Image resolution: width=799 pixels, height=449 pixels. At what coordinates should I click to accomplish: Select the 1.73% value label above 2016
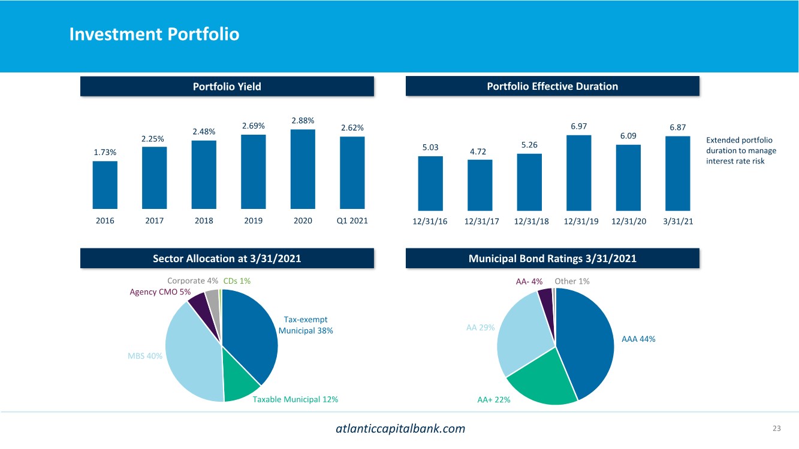(105, 153)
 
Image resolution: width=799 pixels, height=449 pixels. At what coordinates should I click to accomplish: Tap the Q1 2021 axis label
(352, 220)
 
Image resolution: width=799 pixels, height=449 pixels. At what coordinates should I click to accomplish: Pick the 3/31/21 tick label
(677, 222)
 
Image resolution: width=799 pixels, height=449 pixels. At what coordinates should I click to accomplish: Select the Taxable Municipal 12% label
(296, 399)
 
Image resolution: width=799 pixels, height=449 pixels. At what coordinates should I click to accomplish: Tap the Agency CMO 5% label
(160, 292)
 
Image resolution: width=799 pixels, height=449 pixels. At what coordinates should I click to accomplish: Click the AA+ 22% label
(494, 400)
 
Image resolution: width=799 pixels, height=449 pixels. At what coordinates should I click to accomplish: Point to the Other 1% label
(572, 281)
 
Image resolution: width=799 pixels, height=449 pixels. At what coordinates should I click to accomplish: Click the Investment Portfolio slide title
(154, 34)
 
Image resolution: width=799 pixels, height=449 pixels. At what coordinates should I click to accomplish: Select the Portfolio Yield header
(227, 86)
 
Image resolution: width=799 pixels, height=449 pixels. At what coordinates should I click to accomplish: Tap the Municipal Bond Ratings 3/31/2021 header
(552, 259)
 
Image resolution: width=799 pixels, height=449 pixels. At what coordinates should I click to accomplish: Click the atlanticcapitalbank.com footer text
(400, 429)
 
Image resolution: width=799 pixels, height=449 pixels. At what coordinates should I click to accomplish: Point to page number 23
(777, 428)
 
